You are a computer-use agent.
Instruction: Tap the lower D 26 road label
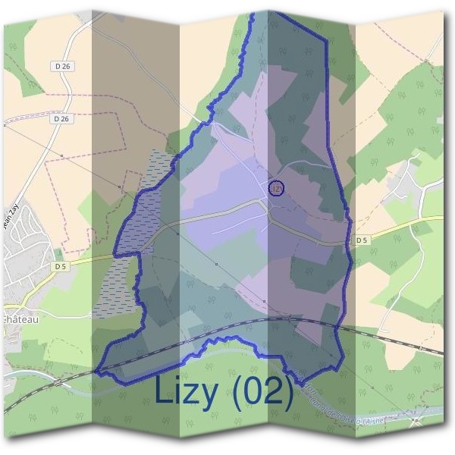coord(62,119)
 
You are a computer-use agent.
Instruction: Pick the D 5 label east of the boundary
coord(362,240)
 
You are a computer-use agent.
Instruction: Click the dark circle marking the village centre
coord(276,187)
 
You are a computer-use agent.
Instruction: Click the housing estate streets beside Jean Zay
coord(23,243)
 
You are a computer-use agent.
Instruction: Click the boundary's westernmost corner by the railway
coord(97,372)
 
